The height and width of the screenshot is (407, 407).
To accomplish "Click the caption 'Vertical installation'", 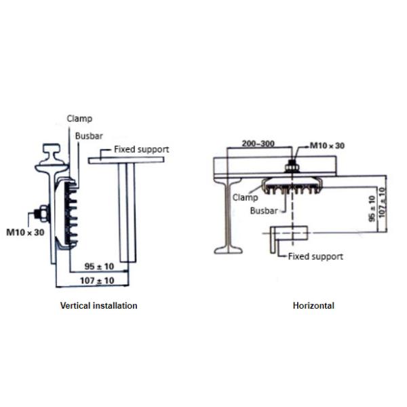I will pyautogui.click(x=99, y=306).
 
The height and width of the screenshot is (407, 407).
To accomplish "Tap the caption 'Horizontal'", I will pyautogui.click(x=313, y=306).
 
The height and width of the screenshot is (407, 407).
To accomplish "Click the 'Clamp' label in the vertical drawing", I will pyautogui.click(x=79, y=119).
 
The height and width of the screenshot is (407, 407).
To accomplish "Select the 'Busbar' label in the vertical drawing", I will pyautogui.click(x=90, y=136).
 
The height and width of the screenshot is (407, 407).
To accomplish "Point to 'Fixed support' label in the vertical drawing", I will pyautogui.click(x=141, y=149).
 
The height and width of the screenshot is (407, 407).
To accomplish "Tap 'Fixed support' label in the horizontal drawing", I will pyautogui.click(x=315, y=256).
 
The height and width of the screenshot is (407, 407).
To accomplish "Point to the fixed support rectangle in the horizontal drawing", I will pyautogui.click(x=289, y=233).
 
